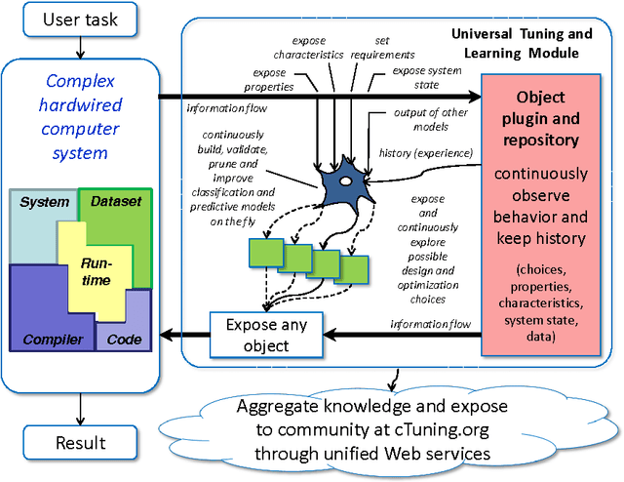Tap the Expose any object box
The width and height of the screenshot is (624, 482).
(265, 335)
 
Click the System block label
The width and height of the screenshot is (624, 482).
(45, 203)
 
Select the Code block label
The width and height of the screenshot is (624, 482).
(123, 340)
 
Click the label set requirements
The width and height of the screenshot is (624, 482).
(396, 48)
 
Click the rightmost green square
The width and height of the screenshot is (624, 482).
(354, 268)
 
